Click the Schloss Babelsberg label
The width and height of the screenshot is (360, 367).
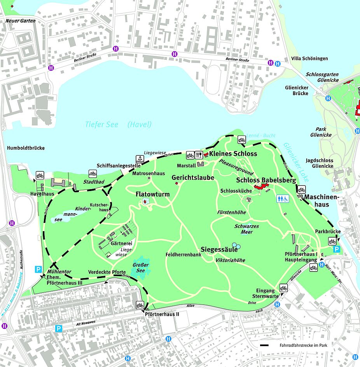pos(266,180)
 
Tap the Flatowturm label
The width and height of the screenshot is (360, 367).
pos(152,194)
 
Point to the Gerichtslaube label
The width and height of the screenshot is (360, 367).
pos(193,177)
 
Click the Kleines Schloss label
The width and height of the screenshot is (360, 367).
pos(233,154)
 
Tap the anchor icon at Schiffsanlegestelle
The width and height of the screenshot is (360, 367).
pos(139,158)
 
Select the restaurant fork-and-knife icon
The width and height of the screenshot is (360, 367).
pos(199,155)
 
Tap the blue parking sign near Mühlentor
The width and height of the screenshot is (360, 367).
pos(38,269)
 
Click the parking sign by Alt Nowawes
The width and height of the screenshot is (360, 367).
pos(58,329)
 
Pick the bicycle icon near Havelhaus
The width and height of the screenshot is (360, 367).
pos(40,175)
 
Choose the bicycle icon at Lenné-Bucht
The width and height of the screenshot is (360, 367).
pos(241,140)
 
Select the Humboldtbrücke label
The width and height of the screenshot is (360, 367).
pos(26,148)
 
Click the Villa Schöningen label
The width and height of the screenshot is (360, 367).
pos(309,59)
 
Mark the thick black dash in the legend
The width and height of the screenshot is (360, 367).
pos(266,345)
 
